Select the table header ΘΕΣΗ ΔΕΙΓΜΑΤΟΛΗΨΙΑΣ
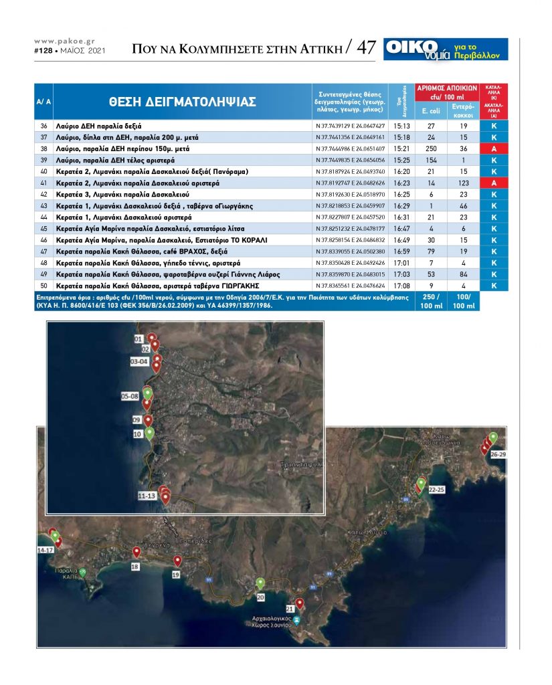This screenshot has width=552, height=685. (181, 102)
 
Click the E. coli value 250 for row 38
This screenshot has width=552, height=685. (430, 148)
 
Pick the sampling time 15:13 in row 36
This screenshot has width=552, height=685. (401, 126)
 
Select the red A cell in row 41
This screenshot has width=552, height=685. (493, 183)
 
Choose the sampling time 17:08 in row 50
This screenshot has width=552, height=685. (401, 286)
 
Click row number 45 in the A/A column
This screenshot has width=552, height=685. (44, 228)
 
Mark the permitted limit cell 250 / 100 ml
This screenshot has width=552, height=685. (430, 301)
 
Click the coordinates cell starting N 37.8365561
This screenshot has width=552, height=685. (350, 286)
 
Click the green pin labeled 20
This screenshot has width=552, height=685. (260, 583)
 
